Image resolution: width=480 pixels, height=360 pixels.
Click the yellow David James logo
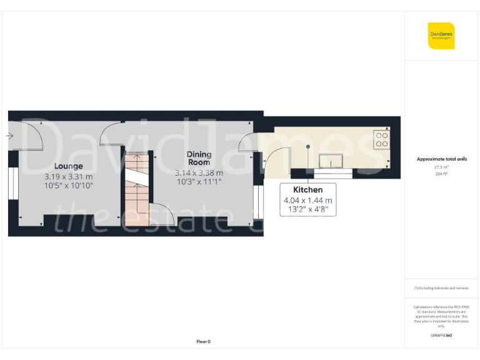(x=441, y=36)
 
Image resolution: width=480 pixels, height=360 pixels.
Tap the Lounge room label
(x=68, y=166)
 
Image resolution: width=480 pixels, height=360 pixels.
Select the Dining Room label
(x=199, y=158)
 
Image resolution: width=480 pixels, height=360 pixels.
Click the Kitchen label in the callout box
(x=308, y=189)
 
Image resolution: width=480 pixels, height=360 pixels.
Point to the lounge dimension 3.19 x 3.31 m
(x=68, y=176)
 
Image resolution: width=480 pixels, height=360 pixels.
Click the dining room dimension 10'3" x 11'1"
(x=199, y=182)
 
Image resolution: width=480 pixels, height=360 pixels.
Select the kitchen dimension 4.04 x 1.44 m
(x=308, y=201)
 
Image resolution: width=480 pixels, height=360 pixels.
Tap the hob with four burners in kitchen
(x=381, y=139)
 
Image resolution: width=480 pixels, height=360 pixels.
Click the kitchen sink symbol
(x=332, y=162)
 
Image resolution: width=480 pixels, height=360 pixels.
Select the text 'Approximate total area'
(x=441, y=159)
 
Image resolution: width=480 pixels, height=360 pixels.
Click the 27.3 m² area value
(x=441, y=167)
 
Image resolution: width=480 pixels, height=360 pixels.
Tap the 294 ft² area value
(x=441, y=174)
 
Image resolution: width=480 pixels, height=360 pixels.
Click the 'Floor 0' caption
(x=204, y=341)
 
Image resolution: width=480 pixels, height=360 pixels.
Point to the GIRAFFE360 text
(x=441, y=336)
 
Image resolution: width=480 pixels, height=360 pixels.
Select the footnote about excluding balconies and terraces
(x=441, y=288)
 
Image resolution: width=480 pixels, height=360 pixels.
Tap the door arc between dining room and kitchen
(x=275, y=160)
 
